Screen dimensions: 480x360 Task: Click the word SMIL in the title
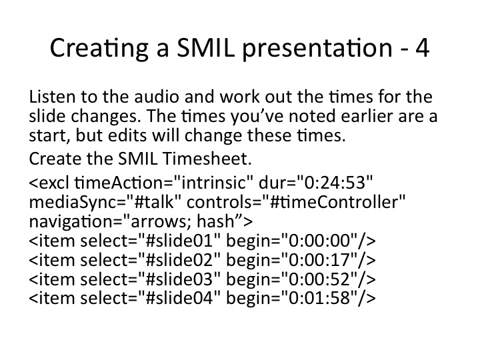[205, 47]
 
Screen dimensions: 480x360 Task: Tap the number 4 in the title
[423, 48]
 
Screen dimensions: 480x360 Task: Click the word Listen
[52, 97]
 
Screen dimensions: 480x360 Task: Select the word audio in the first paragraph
[157, 97]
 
